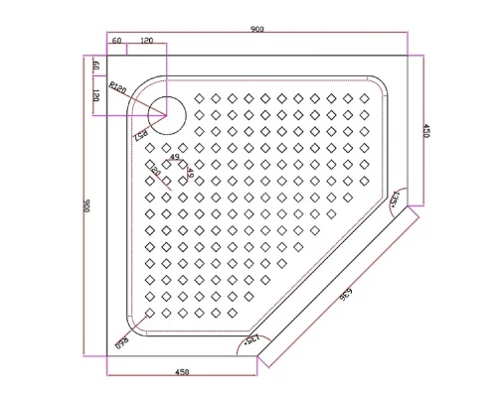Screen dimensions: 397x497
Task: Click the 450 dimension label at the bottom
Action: (182, 372)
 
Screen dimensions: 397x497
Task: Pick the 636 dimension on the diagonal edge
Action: (348, 296)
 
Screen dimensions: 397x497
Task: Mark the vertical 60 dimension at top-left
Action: (96, 66)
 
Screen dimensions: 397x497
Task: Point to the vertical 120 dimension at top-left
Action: (96, 95)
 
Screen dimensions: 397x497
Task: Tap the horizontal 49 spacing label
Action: (175, 157)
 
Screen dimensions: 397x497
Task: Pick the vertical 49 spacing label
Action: (188, 175)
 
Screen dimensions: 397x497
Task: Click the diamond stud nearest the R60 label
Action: (150, 312)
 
